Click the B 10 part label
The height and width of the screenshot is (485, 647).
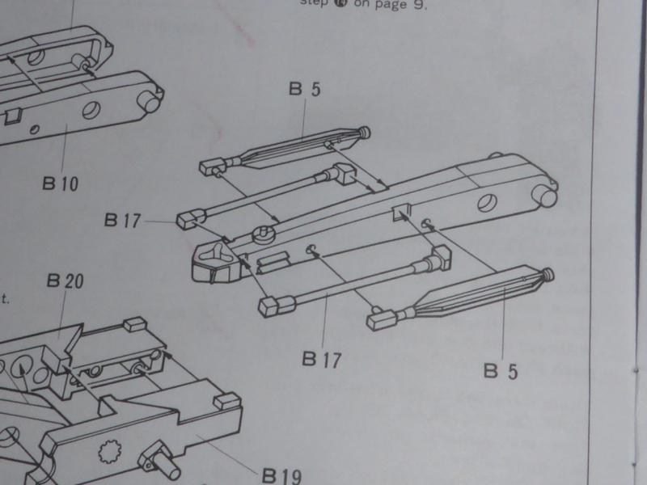tap(61, 183)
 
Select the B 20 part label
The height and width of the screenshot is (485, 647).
tap(66, 282)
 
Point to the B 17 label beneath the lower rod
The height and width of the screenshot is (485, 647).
tap(321, 358)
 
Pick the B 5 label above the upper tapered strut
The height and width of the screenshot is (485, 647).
tap(303, 90)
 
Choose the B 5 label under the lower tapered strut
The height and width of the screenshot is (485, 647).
tap(501, 371)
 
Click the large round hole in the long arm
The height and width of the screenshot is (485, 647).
tap(488, 201)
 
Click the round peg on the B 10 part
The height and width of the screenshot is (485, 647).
tap(151, 102)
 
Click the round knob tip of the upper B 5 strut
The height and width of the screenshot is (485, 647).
tap(366, 132)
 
